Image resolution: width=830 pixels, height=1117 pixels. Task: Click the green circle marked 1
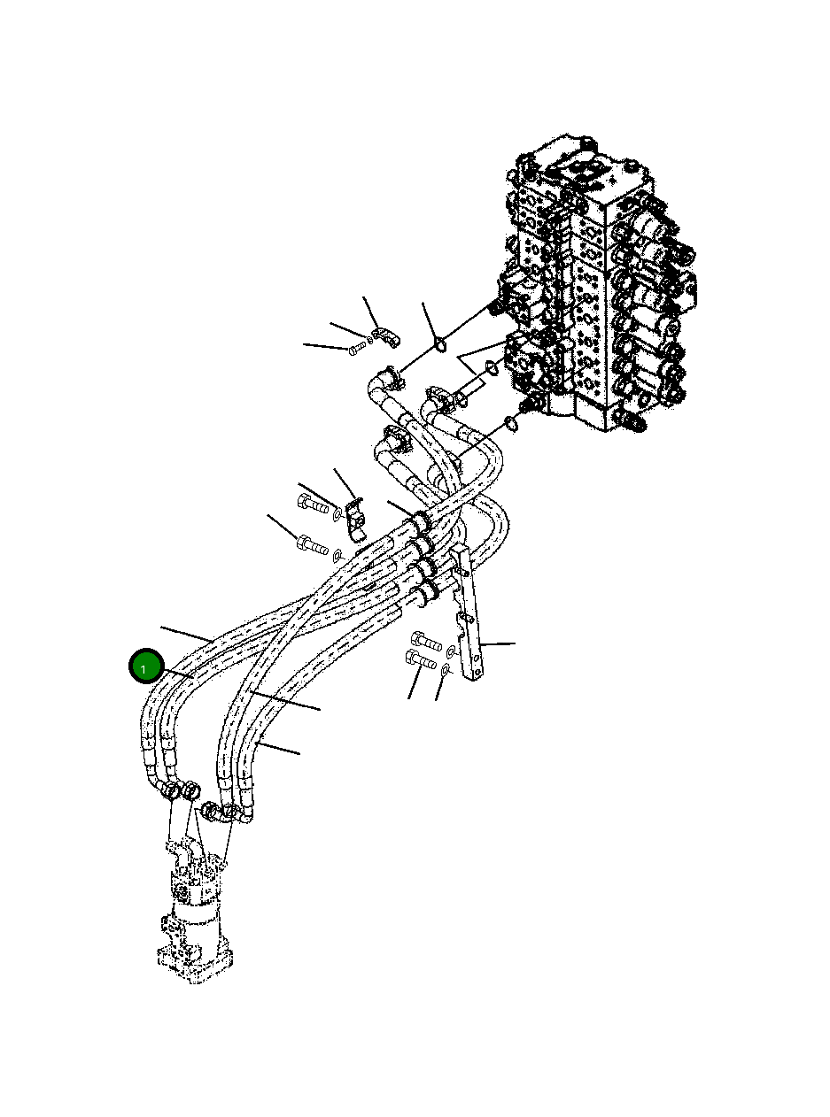pyautogui.click(x=144, y=666)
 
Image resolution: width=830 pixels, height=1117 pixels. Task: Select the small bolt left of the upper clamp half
pyautogui.click(x=357, y=349)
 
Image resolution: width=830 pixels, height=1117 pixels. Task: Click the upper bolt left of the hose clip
pyautogui.click(x=314, y=505)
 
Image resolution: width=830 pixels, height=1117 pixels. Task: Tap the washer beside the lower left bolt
pyautogui.click(x=337, y=555)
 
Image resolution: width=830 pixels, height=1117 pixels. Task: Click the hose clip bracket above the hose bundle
pyautogui.click(x=356, y=520)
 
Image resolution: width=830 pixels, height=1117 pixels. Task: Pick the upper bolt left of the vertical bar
pyautogui.click(x=426, y=639)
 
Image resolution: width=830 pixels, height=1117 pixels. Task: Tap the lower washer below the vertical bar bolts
pyautogui.click(x=446, y=672)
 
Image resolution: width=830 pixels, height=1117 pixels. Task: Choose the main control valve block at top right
pyautogui.click(x=593, y=283)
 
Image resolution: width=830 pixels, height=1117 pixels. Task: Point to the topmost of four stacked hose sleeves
pyautogui.click(x=416, y=522)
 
